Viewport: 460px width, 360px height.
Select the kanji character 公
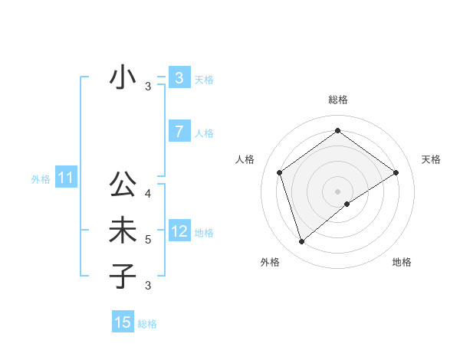click(x=123, y=185)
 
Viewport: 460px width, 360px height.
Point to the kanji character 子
click(x=123, y=276)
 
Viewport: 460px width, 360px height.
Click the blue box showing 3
click(x=179, y=78)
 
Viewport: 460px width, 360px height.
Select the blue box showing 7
click(x=179, y=132)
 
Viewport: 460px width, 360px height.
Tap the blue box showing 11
click(x=65, y=178)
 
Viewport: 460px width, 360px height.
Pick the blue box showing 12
click(x=179, y=231)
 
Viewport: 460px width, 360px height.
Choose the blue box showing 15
click(x=123, y=322)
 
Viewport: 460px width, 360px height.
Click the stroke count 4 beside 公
click(x=148, y=194)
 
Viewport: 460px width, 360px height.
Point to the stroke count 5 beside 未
click(x=148, y=240)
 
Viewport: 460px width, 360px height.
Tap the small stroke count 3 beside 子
click(x=148, y=286)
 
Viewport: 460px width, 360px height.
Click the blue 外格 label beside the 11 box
click(x=41, y=179)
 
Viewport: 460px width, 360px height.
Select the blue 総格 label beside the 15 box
click(x=147, y=324)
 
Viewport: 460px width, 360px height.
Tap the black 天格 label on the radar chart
click(x=432, y=159)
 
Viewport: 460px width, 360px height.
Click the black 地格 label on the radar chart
click(x=402, y=262)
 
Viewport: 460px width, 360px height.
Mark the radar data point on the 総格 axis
click(x=337, y=131)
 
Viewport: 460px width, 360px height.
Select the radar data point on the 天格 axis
click(x=396, y=172)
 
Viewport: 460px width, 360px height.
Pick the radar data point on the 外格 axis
click(x=301, y=242)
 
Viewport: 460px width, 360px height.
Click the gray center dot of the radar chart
click(x=337, y=191)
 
